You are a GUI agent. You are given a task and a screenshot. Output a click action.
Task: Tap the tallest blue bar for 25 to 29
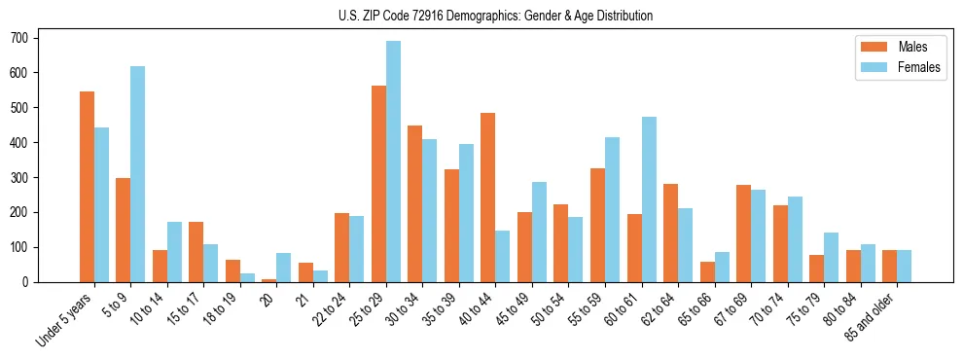click(x=393, y=162)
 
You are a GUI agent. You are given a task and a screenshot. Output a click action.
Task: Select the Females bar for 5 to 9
click(x=138, y=174)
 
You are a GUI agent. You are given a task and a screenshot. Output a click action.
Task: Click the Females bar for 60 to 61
click(x=649, y=199)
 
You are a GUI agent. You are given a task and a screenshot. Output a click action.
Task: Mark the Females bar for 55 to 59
click(x=612, y=209)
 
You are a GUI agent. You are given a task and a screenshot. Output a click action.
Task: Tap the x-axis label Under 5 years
click(x=66, y=319)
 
